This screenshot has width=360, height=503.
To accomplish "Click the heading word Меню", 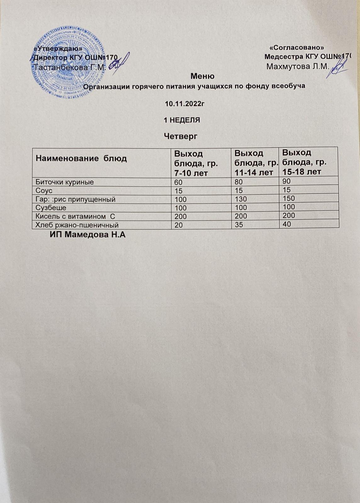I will point(203,76).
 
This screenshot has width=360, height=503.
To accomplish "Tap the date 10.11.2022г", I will point(183,103).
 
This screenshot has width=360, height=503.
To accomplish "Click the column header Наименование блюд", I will point(81,158).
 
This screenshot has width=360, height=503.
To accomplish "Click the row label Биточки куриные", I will point(65,182).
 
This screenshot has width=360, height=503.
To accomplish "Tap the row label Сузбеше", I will point(51,208).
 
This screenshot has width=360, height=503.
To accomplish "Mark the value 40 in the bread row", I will point(286,224).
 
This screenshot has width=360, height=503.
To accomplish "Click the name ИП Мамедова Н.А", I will point(87,235).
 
